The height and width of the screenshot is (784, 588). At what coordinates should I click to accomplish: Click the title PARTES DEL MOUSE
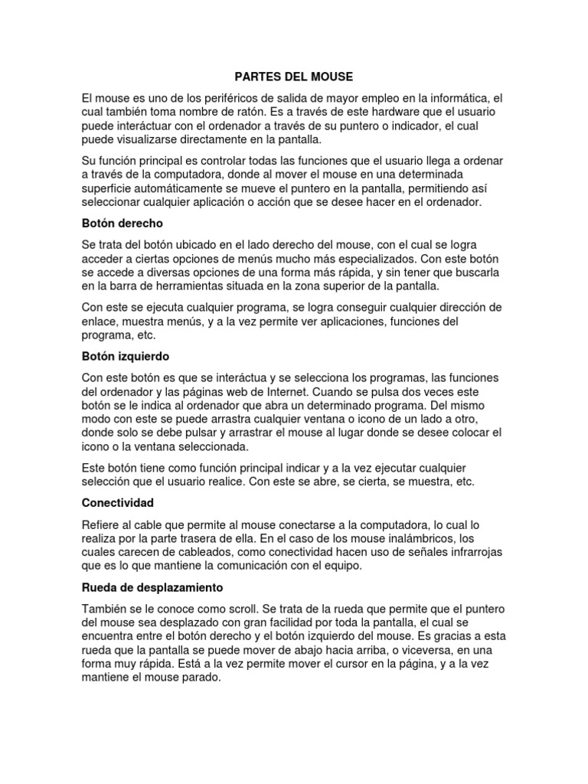coord(293,77)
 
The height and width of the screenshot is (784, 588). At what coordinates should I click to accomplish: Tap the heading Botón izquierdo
coord(126,357)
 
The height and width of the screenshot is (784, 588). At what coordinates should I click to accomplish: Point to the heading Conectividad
coord(118,503)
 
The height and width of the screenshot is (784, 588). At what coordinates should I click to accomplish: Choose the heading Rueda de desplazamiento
coord(152,587)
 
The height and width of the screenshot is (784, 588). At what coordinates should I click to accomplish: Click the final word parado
coord(200,678)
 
